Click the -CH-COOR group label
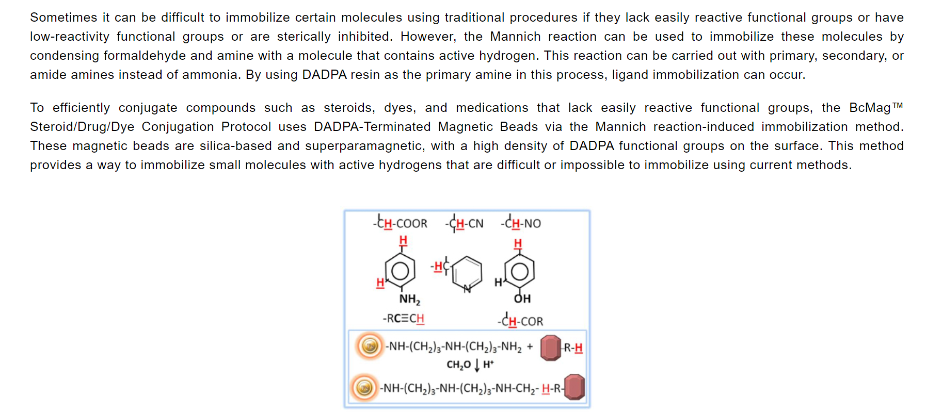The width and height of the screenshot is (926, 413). pos(401,223)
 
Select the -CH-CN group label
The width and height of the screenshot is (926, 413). pos(465,223)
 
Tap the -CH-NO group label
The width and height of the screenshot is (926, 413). pos(521,223)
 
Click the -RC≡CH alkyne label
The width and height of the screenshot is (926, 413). pos(403,318)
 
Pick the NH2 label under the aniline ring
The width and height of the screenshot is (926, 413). pos(409,299)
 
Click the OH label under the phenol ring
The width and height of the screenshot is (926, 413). pos(522,299)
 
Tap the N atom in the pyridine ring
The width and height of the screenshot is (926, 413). pos(467,289)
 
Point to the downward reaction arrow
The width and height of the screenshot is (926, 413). pos(477,365)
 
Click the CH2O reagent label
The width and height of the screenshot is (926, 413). pos(458,365)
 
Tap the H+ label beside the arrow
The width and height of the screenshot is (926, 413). pos(488,364)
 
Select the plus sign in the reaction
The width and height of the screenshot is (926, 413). pos(530,346)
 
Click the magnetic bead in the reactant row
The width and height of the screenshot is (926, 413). pos(370,346)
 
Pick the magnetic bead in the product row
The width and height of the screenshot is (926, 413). pos(364,388)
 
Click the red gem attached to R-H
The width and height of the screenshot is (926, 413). pos(550,348)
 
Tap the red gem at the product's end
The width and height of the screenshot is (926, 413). pos(574,387)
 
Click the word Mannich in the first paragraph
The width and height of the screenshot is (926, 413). pos(515,37)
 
